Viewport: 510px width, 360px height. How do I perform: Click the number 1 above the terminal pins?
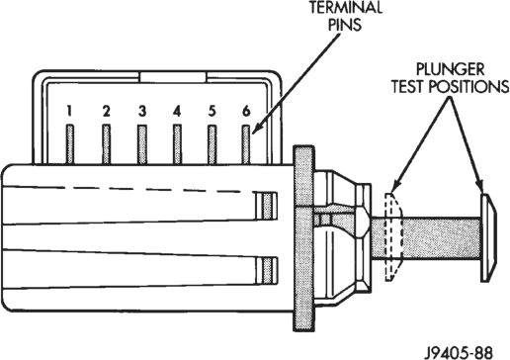click(x=69, y=111)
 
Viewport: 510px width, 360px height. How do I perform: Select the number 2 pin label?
click(x=106, y=111)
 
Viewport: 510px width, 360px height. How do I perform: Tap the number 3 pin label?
click(x=142, y=111)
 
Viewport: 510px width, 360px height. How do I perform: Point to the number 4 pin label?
click(x=177, y=111)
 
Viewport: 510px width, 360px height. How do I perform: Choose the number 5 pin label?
click(x=212, y=111)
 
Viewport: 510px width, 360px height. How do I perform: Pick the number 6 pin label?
click(x=246, y=111)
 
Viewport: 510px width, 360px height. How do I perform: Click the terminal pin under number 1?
click(x=70, y=144)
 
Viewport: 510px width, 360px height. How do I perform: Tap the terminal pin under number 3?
click(x=142, y=144)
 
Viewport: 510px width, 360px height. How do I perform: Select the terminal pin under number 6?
click(x=246, y=144)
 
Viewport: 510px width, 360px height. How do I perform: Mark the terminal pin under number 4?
click(x=177, y=144)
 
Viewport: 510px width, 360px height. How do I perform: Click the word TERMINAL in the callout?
click(x=346, y=7)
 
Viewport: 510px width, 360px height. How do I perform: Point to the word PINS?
click(x=345, y=25)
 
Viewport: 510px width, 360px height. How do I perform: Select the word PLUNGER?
click(x=450, y=69)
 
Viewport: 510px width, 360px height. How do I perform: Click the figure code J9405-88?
click(x=459, y=352)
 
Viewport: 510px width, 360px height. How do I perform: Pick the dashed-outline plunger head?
click(x=393, y=236)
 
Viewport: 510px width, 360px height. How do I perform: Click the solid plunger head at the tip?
click(x=488, y=237)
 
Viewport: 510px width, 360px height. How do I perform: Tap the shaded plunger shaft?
click(x=426, y=238)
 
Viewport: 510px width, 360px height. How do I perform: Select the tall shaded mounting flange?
click(x=303, y=237)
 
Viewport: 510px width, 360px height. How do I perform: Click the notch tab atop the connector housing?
click(x=173, y=77)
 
